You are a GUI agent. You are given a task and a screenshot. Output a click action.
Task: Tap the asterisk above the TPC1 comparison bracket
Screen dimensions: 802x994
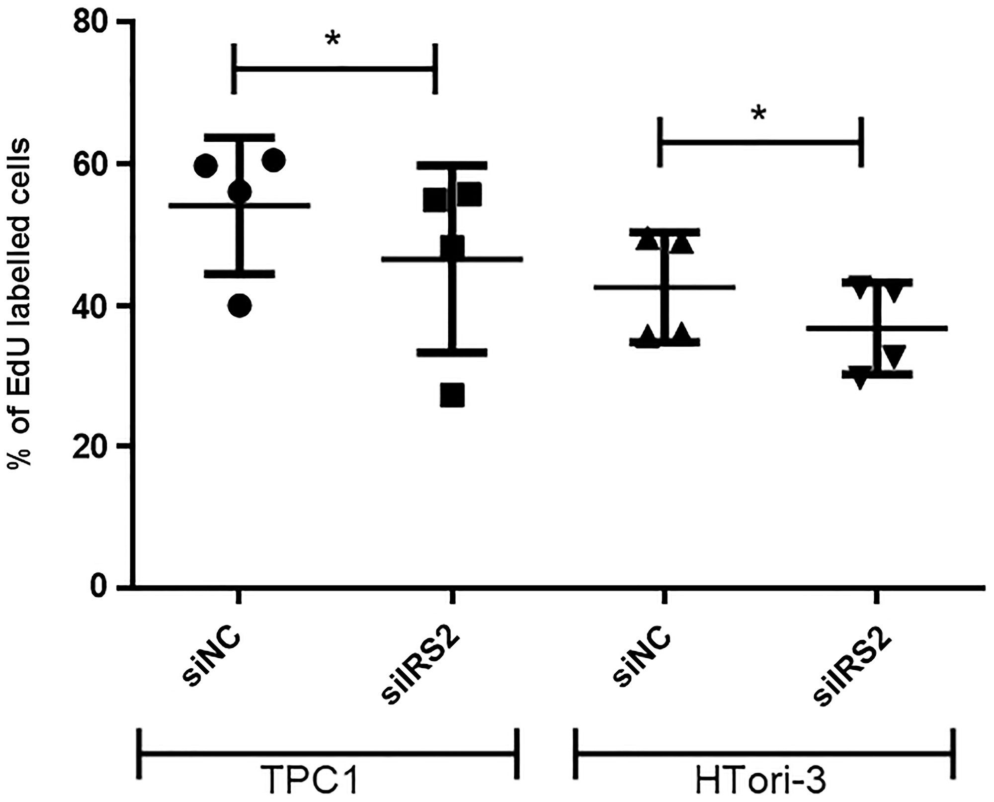click(x=332, y=39)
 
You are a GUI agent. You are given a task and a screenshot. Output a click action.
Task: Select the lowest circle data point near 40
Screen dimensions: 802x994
click(x=240, y=305)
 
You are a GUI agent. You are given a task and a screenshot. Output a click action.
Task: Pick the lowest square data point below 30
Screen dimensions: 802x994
click(x=452, y=395)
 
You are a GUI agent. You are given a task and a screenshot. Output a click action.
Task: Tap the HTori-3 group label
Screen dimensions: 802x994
click(x=761, y=779)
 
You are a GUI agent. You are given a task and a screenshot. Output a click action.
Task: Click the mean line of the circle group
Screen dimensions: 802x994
click(x=278, y=205)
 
